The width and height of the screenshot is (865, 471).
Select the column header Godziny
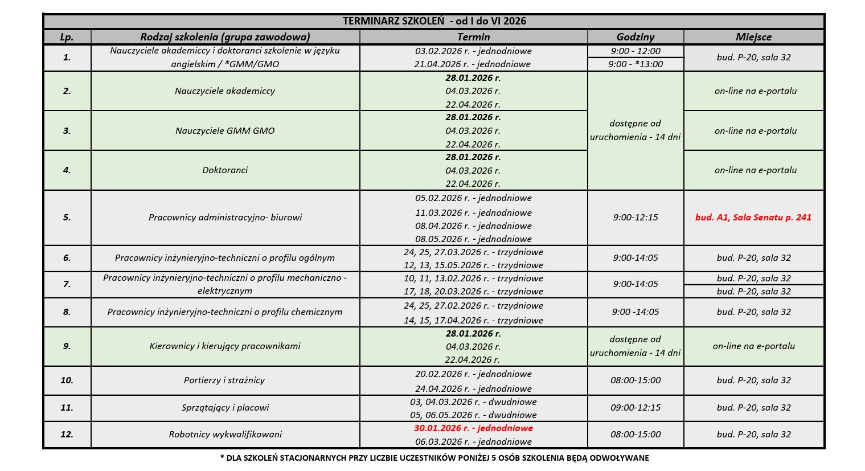[635, 37]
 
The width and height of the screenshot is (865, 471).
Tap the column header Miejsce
[753, 37]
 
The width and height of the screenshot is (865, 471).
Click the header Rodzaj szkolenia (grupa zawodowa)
[225, 37]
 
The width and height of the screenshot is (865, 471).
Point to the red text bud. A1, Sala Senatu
[753, 217]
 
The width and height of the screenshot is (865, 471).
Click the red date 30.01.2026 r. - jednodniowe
[473, 428]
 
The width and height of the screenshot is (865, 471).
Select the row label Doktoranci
[225, 170]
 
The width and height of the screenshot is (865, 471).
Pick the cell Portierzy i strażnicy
[224, 380]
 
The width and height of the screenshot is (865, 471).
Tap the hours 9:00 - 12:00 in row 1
[636, 51]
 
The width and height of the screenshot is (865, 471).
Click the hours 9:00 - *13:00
[636, 64]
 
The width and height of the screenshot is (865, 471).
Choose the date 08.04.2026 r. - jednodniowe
[473, 226]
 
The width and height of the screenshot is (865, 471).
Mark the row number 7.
[67, 284]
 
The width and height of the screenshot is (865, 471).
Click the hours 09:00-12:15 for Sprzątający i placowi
[636, 407]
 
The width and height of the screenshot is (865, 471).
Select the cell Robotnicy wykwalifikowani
[225, 434]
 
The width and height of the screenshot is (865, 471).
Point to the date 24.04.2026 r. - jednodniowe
[473, 388]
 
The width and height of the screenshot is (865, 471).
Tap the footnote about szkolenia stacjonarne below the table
[434, 458]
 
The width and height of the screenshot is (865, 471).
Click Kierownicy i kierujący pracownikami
[225, 346]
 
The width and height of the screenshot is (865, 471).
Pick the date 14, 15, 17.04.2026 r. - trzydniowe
[473, 320]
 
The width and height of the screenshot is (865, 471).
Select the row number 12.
[67, 434]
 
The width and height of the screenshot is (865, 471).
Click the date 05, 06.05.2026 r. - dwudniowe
[473, 415]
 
